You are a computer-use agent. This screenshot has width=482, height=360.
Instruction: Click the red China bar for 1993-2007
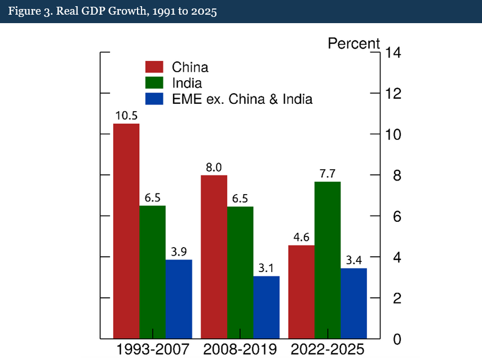(126, 231)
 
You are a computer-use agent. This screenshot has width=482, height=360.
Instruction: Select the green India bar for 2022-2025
(328, 260)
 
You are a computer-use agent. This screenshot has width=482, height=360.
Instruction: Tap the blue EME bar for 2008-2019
(266, 307)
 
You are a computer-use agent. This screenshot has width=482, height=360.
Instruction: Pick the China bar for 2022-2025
(301, 292)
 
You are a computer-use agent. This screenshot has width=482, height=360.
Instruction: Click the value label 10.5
(126, 115)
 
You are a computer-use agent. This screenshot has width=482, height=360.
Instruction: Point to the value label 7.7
(328, 173)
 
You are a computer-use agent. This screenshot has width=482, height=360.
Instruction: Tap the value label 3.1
(266, 267)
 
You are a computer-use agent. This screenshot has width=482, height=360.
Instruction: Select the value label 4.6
(301, 237)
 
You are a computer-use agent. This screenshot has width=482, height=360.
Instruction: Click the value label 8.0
(214, 167)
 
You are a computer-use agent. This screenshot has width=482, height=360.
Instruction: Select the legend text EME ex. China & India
(242, 99)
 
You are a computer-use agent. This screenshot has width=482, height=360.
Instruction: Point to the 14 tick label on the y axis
(393, 53)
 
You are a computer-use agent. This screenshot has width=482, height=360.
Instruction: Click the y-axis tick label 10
(393, 135)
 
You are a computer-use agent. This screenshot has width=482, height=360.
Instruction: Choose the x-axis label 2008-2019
(240, 349)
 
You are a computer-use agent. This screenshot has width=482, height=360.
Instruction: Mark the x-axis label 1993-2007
(152, 349)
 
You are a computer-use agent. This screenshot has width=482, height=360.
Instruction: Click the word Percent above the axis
(354, 43)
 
